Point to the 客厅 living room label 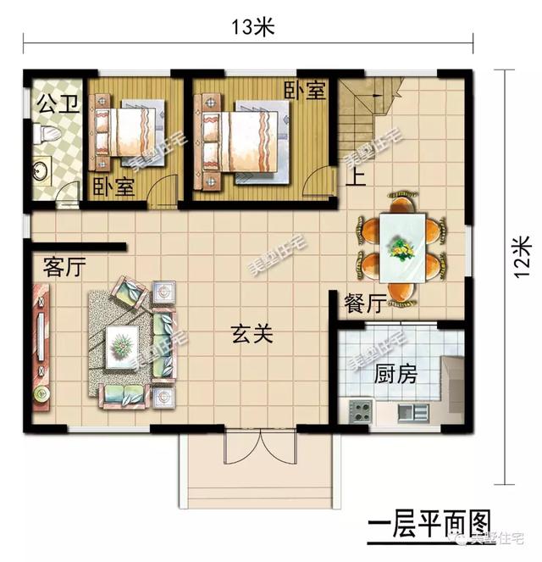(x=64, y=269)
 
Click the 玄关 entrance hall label (x=252, y=335)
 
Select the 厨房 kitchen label (x=394, y=374)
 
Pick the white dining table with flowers (x=401, y=248)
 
